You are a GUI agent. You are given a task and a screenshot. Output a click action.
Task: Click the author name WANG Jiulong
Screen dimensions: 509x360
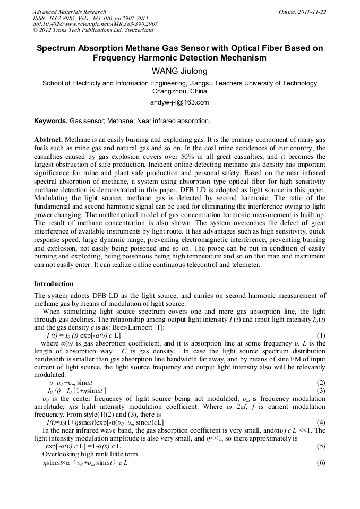tap(179, 71)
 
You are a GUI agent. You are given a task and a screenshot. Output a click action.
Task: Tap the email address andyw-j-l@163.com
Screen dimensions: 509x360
tap(179, 102)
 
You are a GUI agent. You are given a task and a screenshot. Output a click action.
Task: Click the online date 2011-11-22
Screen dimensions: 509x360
tap(311, 12)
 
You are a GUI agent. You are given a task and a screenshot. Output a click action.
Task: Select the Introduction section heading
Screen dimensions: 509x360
tap(55, 284)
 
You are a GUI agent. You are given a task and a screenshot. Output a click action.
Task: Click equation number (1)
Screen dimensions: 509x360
tap(321, 335)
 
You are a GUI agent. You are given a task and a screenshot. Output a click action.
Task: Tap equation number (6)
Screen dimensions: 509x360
tap(321, 463)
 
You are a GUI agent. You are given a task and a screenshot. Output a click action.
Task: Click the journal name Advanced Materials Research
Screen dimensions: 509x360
tap(69, 12)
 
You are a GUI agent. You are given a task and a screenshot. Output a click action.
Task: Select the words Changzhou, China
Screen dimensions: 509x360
tap(179, 91)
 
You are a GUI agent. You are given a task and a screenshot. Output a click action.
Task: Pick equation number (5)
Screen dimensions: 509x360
tap(321, 447)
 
